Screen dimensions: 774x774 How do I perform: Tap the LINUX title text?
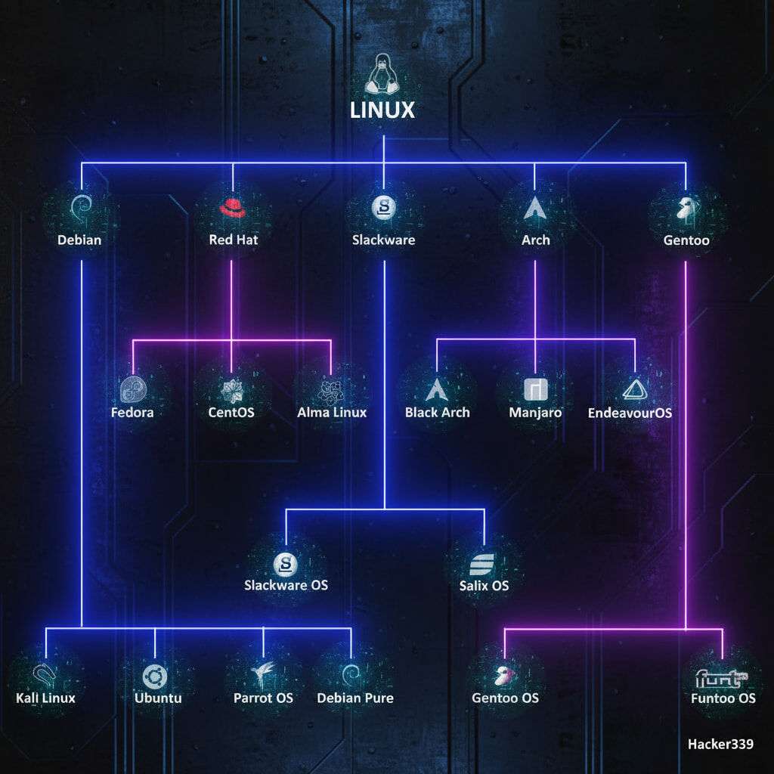[x=382, y=110]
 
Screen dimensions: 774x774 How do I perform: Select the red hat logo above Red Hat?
[x=232, y=207]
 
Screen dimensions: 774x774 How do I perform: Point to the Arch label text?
[x=536, y=240]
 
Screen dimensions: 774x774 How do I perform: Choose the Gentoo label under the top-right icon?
[x=686, y=240]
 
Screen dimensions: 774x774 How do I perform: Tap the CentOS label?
[x=231, y=413]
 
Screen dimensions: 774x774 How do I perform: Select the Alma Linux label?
[x=332, y=412]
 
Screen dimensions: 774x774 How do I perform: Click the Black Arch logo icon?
[x=437, y=389]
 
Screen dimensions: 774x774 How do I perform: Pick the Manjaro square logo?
[x=534, y=389]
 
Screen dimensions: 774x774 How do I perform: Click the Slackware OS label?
[x=286, y=584]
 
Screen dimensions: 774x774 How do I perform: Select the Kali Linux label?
[x=45, y=698]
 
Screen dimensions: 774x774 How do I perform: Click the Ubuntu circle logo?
[x=155, y=675]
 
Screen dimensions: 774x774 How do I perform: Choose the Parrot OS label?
[x=263, y=698]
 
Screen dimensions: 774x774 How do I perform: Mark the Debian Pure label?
[x=355, y=698]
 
